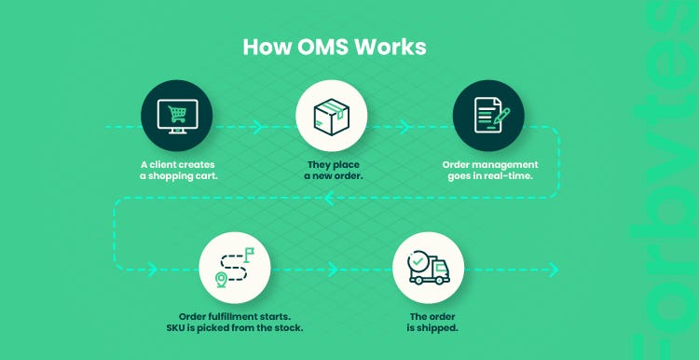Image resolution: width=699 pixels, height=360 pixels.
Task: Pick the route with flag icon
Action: click(x=235, y=266)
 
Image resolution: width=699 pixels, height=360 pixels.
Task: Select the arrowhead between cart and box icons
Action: click(x=254, y=124)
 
